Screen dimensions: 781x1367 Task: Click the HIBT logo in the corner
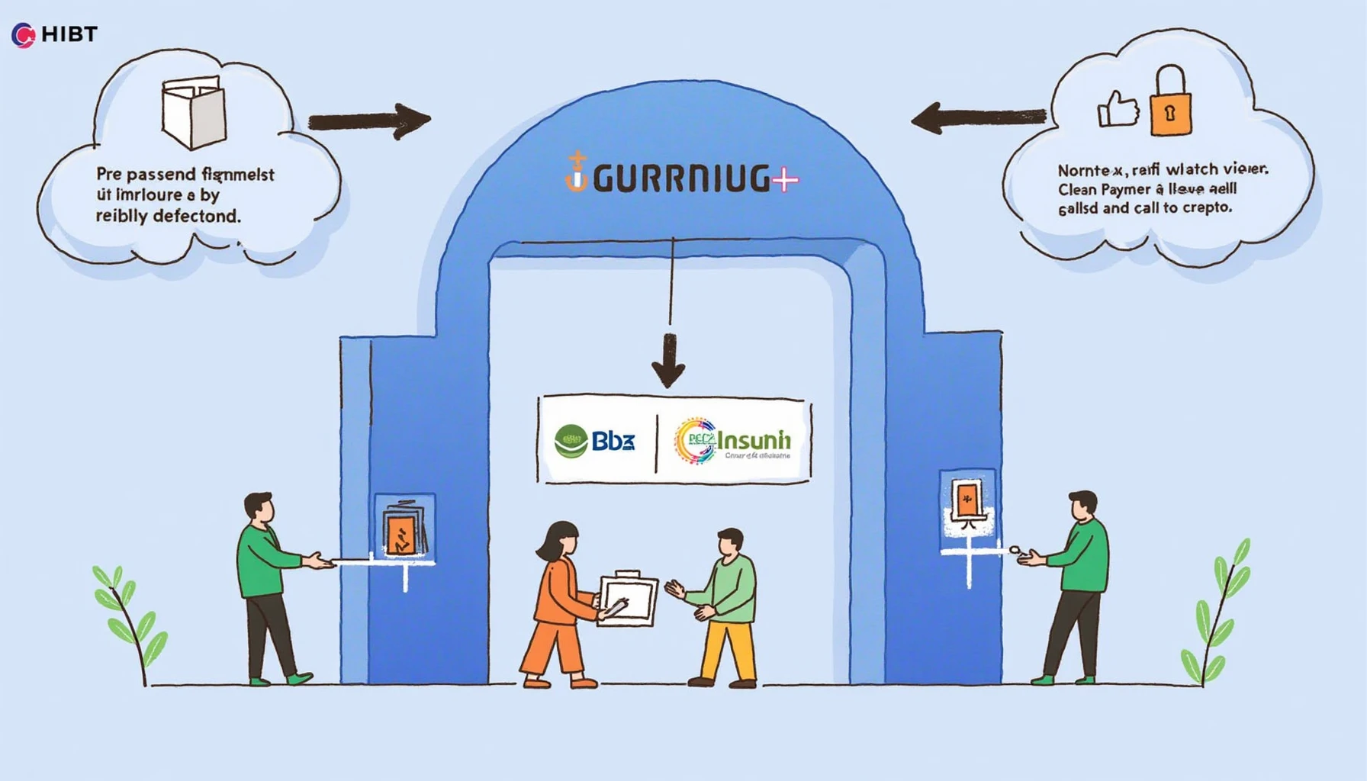pyautogui.click(x=53, y=34)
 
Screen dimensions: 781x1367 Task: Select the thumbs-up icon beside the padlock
pyautogui.click(x=1118, y=110)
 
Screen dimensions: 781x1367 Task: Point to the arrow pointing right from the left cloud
pyautogui.click(x=370, y=121)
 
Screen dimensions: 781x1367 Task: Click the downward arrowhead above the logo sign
pyautogui.click(x=668, y=367)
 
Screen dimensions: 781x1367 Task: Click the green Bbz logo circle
pyautogui.click(x=571, y=442)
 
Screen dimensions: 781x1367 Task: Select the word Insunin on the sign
pyautogui.click(x=754, y=440)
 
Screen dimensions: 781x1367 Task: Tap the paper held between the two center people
pyautogui.click(x=628, y=599)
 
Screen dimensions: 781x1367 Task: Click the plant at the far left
pyautogui.click(x=128, y=622)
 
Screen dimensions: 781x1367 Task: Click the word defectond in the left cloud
pyautogui.click(x=196, y=217)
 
